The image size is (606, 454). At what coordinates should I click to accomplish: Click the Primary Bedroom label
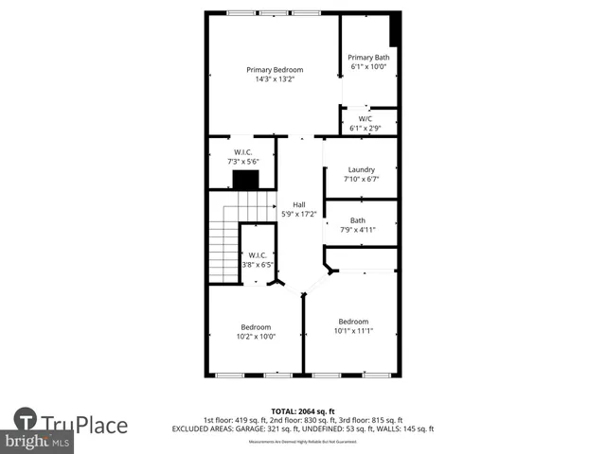pos(275,70)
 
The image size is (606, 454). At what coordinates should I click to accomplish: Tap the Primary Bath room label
pos(369,58)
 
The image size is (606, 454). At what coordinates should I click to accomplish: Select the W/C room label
pos(365,119)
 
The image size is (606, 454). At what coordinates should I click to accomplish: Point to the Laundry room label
pos(361,170)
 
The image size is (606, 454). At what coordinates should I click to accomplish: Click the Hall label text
pos(299,205)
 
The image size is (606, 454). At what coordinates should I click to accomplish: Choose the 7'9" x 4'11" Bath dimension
pos(358,229)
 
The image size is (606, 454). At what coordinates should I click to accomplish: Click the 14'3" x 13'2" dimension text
pos(275,79)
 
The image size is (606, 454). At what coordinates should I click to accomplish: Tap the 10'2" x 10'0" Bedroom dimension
pos(256,337)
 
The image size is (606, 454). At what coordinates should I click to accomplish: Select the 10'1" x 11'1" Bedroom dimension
pos(353,331)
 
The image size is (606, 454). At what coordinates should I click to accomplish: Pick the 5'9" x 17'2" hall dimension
pos(299,215)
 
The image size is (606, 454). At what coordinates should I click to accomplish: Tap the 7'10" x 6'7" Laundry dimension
pos(361,180)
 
